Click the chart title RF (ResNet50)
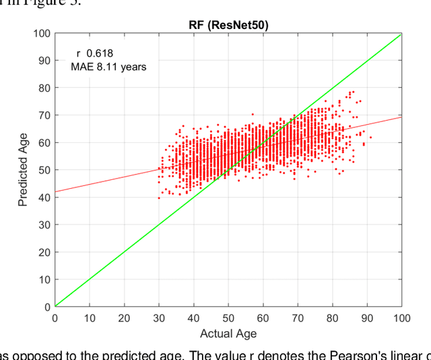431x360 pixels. coord(228,26)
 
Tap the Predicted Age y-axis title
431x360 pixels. coord(24,169)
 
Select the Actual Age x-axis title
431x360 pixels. coord(228,333)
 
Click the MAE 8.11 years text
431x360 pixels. coord(108,67)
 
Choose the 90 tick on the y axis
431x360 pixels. coord(43,61)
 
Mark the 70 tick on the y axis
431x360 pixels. coord(43,115)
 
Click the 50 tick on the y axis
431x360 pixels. coord(43,170)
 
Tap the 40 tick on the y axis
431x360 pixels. coord(43,198)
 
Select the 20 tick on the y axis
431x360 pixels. coord(43,252)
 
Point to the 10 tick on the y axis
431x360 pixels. coord(43,280)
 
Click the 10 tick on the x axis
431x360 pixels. coord(90,318)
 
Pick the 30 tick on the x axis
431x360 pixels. coord(159,318)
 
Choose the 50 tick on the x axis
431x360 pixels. coord(228,318)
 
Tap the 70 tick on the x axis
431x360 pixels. coord(298,318)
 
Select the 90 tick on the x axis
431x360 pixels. coord(367,318)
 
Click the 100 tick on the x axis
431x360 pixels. coord(401,318)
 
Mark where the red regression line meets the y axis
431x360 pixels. coord(55,191)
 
